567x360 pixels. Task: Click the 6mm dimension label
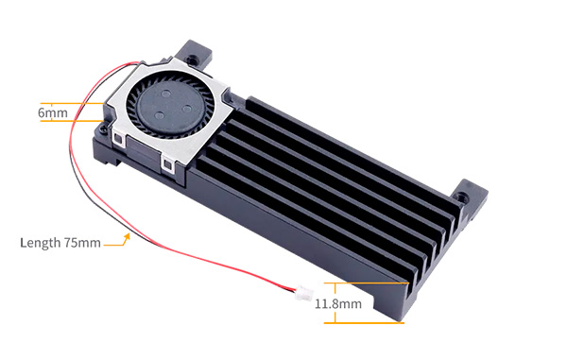53,112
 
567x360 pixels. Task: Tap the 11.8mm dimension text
338,303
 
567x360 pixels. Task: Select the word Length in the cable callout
40,243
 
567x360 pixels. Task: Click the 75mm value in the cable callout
82,243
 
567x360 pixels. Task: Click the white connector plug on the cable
303,293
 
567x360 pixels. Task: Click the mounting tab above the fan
193,54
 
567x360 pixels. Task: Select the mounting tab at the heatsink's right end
470,198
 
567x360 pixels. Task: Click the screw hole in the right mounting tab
461,197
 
